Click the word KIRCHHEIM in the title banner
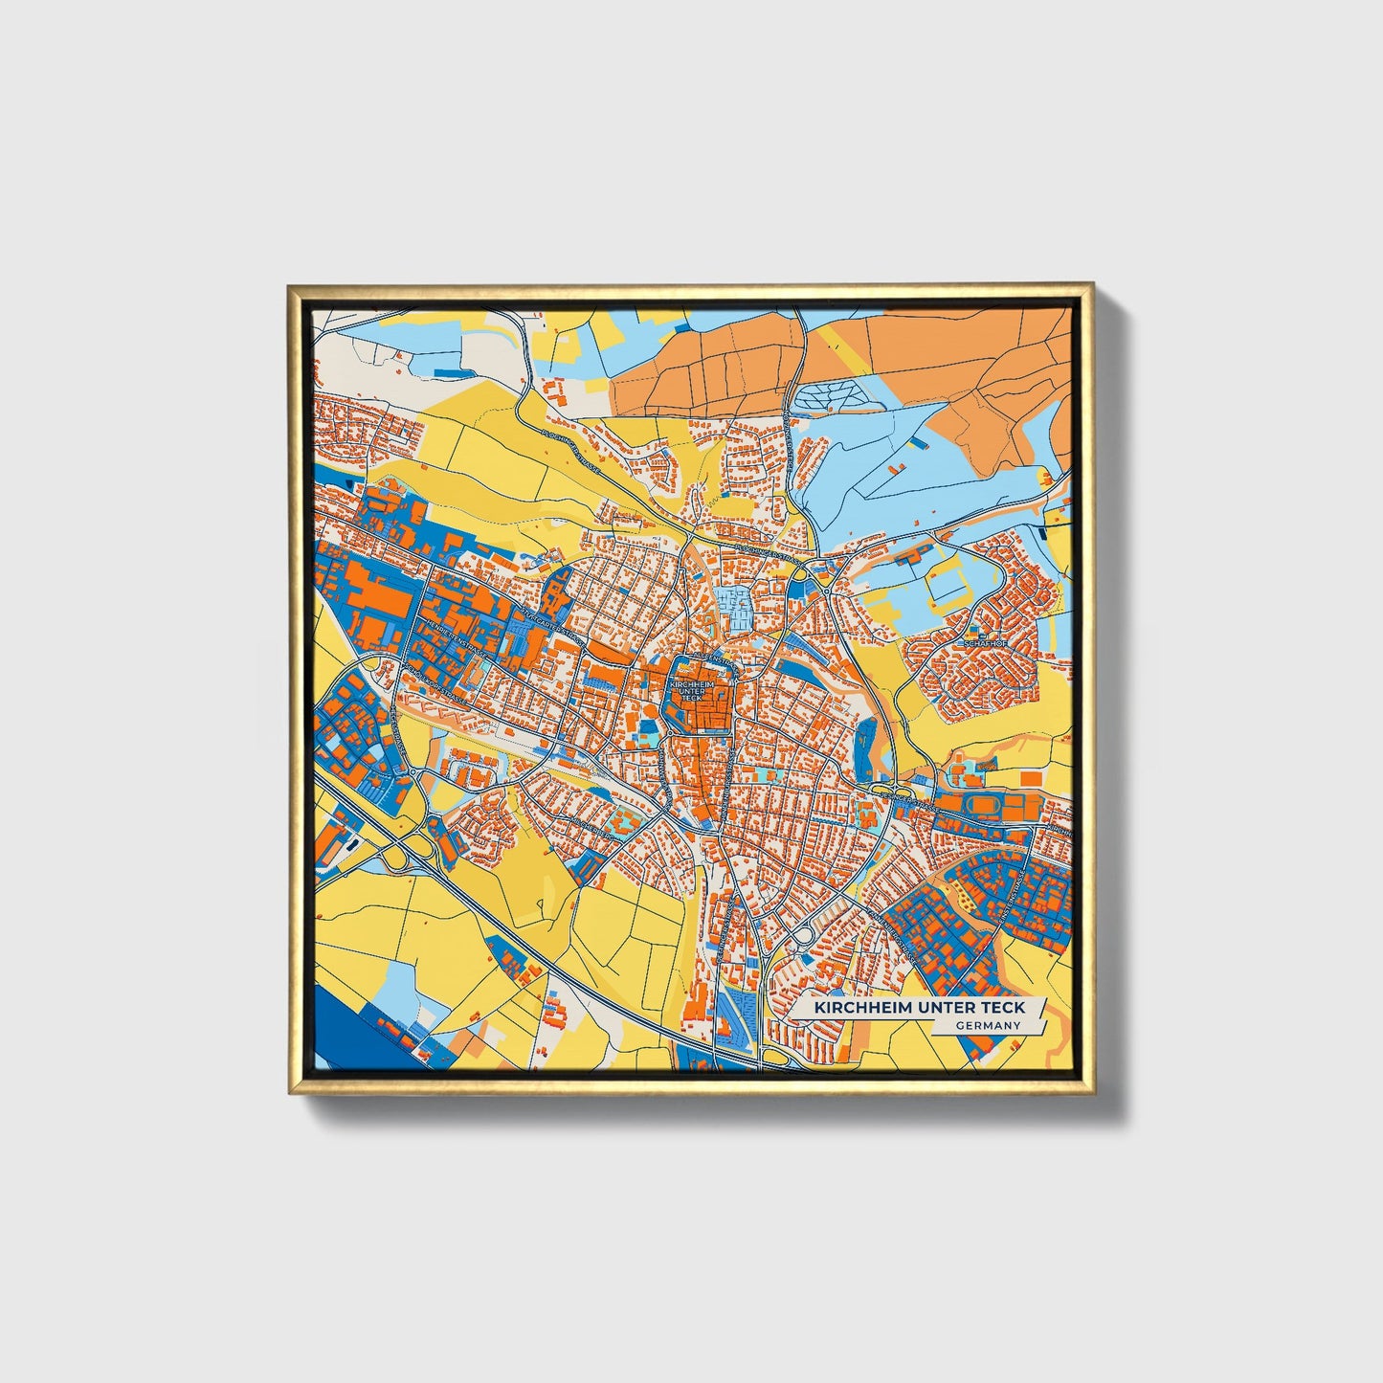coord(855,1008)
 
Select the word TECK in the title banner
coord(1003,1008)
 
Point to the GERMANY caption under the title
coord(988,1026)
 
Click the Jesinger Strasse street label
coord(908,799)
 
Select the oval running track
coord(983,807)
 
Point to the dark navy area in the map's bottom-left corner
coord(345,1034)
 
